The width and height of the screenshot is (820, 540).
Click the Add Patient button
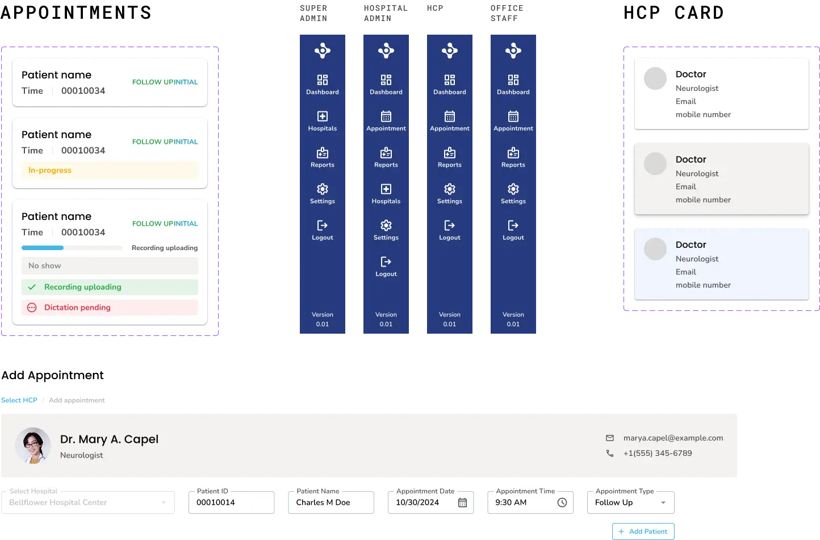pyautogui.click(x=643, y=531)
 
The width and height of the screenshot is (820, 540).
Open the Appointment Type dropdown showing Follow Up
pyautogui.click(x=630, y=502)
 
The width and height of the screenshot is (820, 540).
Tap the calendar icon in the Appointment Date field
pyautogui.click(x=462, y=502)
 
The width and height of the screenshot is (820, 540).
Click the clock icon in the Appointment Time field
pyautogui.click(x=562, y=502)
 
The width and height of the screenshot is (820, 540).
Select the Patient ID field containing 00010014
pyautogui.click(x=232, y=502)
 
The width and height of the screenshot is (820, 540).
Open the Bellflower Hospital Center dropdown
pyautogui.click(x=88, y=502)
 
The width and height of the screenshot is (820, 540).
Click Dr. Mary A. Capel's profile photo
pyautogui.click(x=33, y=446)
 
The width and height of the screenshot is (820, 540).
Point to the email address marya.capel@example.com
pyautogui.click(x=673, y=438)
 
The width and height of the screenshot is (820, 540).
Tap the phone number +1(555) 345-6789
pyautogui.click(x=657, y=454)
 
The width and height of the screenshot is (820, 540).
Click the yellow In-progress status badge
pyautogui.click(x=110, y=171)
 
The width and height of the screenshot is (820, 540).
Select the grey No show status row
pyautogui.click(x=110, y=266)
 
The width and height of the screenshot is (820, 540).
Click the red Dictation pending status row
pyautogui.click(x=110, y=308)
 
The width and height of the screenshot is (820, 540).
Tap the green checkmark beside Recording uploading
pyautogui.click(x=32, y=287)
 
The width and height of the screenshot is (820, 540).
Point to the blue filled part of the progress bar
pyautogui.click(x=43, y=248)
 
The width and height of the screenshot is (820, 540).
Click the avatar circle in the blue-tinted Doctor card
pyautogui.click(x=655, y=249)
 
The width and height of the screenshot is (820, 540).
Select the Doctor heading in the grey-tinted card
pyautogui.click(x=691, y=160)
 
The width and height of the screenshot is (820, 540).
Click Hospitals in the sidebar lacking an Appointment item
pyautogui.click(x=323, y=121)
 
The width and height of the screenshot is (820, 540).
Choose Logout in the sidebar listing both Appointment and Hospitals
pyautogui.click(x=386, y=267)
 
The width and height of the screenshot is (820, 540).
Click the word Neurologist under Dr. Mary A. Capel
pyautogui.click(x=82, y=455)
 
